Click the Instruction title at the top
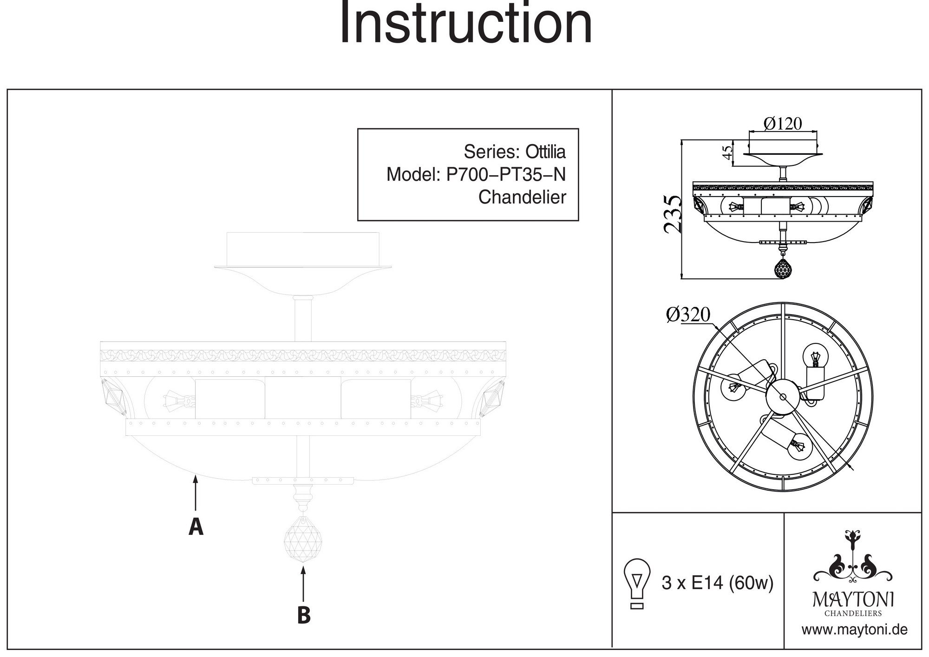coord(466,23)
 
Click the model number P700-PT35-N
coord(506,175)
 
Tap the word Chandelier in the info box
coord(522,197)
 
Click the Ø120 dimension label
coord(783,124)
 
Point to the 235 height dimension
coord(672,214)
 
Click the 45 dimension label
coord(727,152)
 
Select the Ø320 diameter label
coord(688,315)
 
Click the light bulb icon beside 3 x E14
coord(637,583)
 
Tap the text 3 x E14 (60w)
coord(717,583)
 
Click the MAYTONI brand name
coord(853,599)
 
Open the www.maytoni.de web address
coord(854,630)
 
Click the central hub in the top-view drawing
coord(783,396)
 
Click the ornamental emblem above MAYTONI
coord(853,558)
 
